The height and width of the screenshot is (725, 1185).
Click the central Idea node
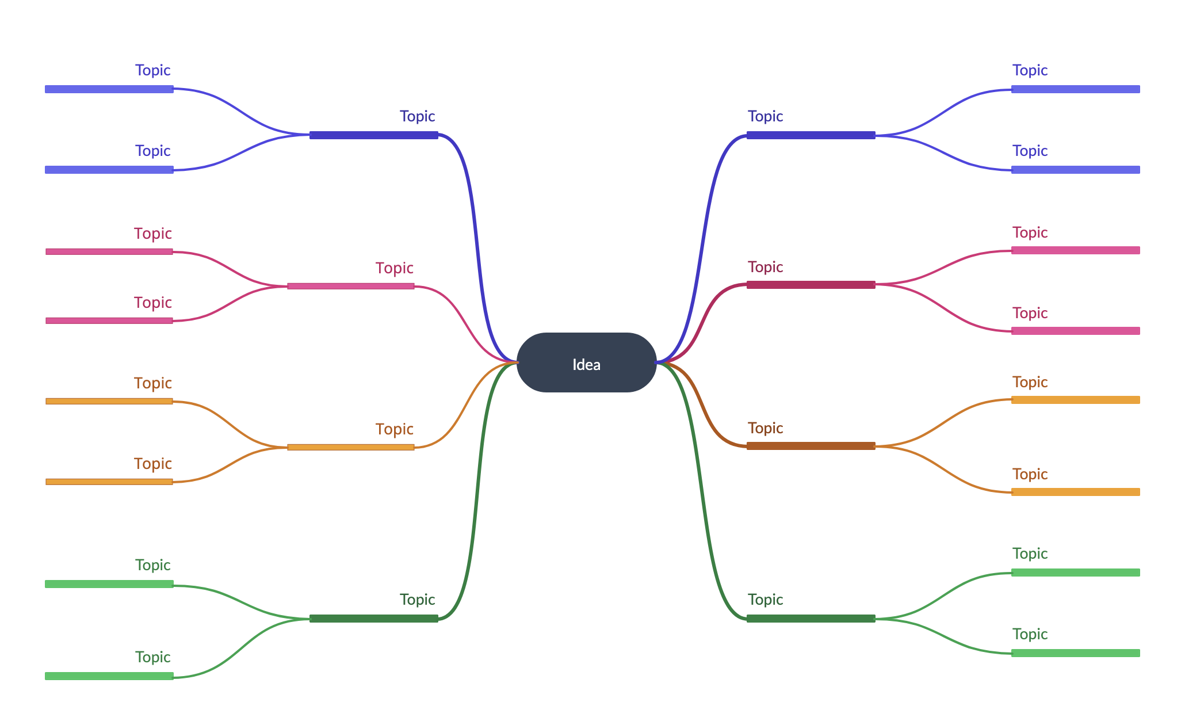coord(586,363)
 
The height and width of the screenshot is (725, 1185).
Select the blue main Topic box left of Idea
coord(373,115)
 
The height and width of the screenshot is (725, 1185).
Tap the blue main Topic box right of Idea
coord(811,115)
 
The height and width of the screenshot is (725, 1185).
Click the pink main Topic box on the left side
coord(350,265)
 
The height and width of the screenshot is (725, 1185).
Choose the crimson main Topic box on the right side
coord(811,264)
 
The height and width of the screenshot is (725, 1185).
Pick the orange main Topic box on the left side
coord(350,426)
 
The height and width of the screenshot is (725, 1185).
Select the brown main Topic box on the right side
coord(811,425)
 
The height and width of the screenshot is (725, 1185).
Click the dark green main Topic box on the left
coord(373,598)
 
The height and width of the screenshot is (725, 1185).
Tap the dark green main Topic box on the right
coord(811,598)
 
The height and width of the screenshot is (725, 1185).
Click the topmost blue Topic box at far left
coord(109,68)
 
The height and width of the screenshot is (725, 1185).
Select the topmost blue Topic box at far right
coord(1075,68)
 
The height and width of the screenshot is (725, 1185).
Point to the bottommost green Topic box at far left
coord(109,655)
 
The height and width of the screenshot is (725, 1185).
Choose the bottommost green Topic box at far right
coord(1075,632)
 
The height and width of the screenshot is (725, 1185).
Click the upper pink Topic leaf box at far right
coord(1075,230)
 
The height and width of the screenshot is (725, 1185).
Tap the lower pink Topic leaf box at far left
coord(109,299)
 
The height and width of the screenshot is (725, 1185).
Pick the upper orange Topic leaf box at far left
coord(109,380)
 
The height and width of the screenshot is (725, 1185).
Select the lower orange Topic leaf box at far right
coord(1075,471)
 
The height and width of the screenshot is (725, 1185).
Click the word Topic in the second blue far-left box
coord(153,151)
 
